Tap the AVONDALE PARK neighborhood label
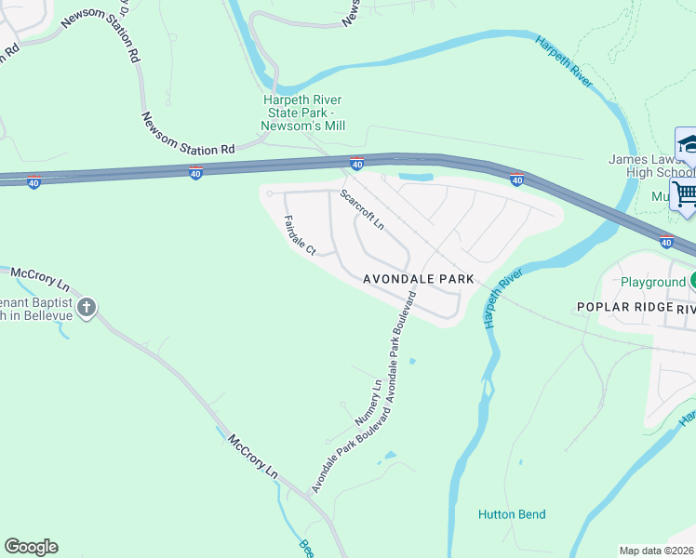[418, 279]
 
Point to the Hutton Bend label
[512, 514]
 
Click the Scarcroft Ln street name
[361, 210]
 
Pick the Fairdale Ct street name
[301, 234]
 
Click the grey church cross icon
[87, 308]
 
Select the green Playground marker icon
[692, 281]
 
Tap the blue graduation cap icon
[689, 144]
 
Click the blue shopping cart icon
[686, 193]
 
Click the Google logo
[31, 547]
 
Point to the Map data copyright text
[657, 551]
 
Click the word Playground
[652, 282]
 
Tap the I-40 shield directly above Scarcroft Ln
[356, 165]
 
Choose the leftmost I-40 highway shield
[33, 182]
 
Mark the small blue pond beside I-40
[415, 176]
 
